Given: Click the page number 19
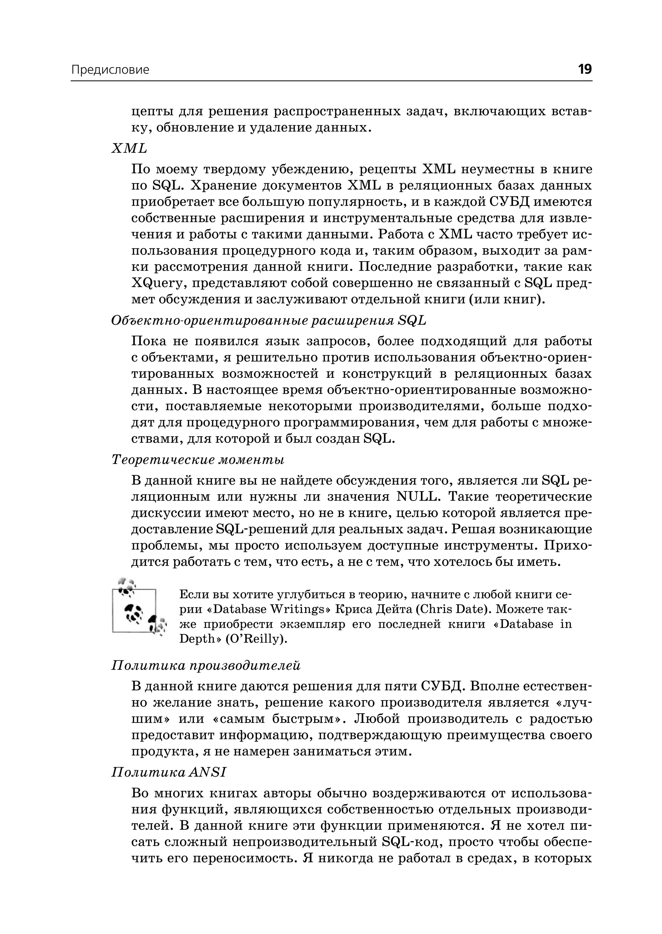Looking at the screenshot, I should (584, 69).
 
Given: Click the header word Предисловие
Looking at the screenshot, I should (110, 70).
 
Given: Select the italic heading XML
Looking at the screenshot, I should (129, 149).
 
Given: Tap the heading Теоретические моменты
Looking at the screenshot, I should (198, 460).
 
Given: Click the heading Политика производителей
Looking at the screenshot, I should (206, 666).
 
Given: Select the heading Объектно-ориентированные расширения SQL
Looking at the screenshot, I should (268, 321).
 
